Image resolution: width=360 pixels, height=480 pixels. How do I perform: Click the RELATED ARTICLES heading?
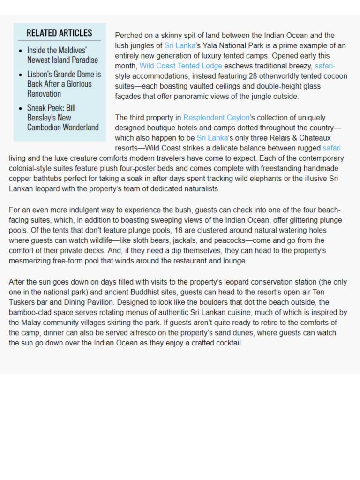[x=59, y=33]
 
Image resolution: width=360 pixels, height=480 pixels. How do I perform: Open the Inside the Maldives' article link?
[x=62, y=55]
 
